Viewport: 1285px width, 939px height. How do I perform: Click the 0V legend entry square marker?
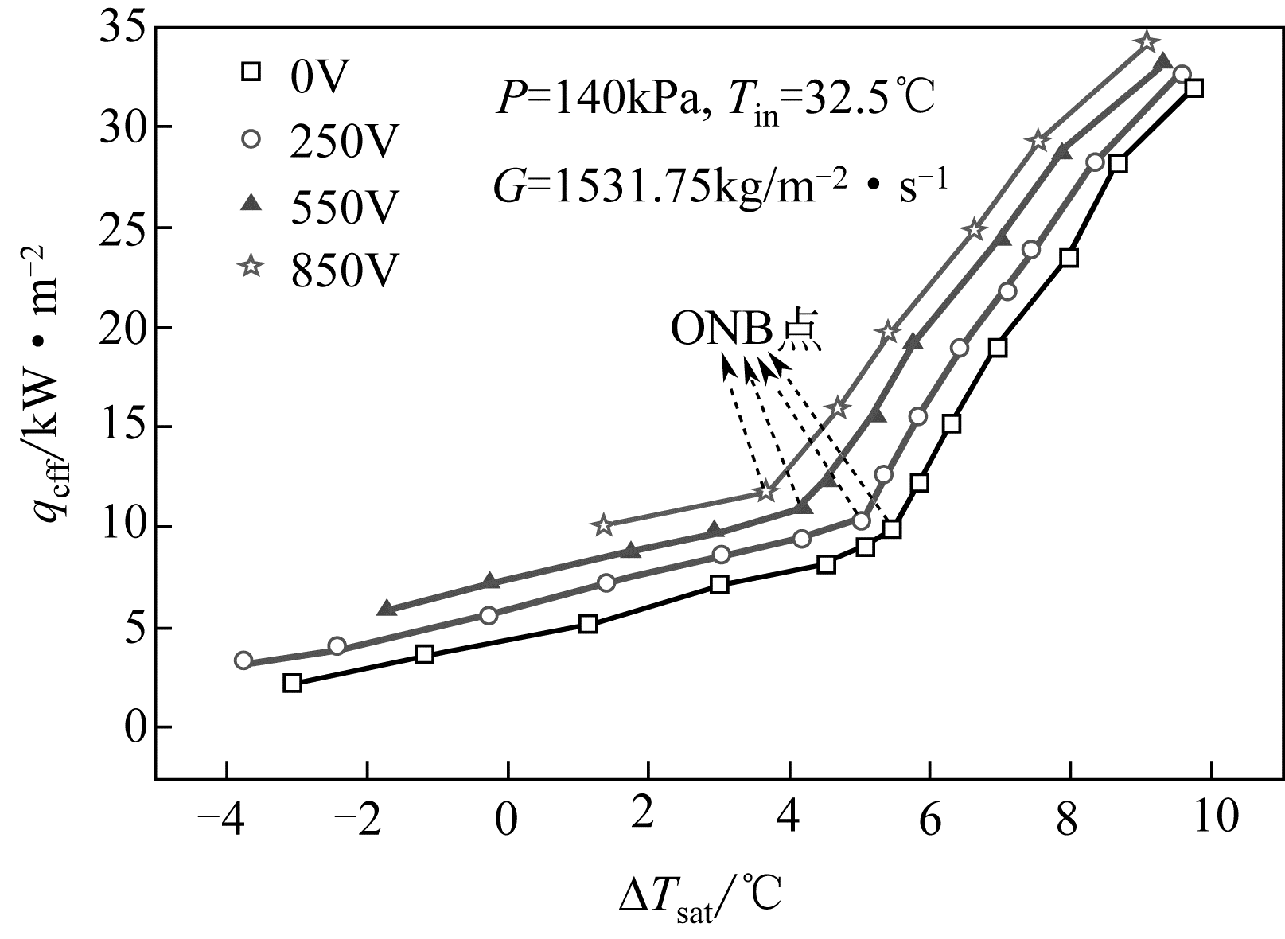coord(251,72)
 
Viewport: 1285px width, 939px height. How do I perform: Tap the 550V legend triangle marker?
coord(251,205)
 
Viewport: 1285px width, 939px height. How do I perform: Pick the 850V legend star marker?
coord(251,268)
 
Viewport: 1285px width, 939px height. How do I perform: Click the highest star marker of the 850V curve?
coord(1147,41)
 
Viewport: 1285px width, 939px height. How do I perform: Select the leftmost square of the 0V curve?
coord(293,683)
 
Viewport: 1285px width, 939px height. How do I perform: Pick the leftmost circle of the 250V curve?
coord(243,660)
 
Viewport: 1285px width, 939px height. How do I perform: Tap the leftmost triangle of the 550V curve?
coord(387,608)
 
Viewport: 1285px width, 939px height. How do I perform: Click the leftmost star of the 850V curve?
coord(603,524)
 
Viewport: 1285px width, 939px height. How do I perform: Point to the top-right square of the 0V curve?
coord(1193,88)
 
